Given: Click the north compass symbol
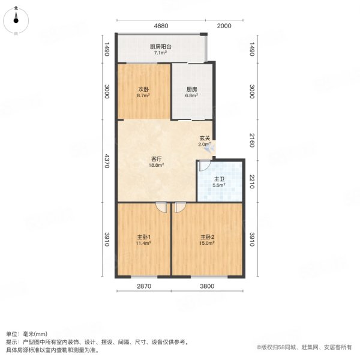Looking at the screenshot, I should [x=16, y=22].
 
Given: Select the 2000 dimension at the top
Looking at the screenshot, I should [x=224, y=26].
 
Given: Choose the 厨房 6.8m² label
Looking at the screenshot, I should [x=192, y=92].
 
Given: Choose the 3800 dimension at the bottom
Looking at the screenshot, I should [x=207, y=286].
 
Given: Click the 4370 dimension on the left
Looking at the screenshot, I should [x=107, y=161].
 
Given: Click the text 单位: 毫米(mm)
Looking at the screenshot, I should [x=26, y=334].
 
